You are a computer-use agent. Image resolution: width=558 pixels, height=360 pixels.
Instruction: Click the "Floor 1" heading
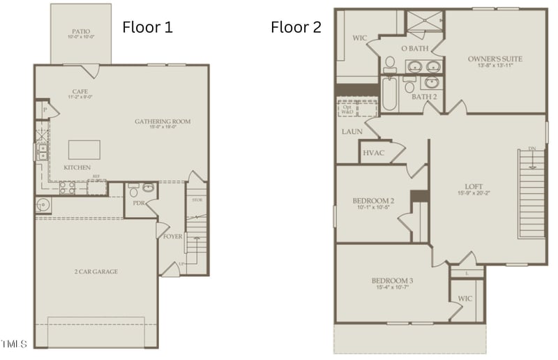click(x=147, y=28)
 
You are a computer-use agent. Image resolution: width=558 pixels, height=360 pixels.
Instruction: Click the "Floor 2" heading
click(x=296, y=28)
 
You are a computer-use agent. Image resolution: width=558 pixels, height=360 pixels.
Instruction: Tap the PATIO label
click(x=80, y=32)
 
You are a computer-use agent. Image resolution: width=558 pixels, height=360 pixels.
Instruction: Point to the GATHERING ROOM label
click(x=163, y=122)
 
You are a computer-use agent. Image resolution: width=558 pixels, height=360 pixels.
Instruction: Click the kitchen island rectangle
click(x=84, y=150)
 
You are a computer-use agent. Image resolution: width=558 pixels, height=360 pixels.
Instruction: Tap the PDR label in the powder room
click(x=138, y=203)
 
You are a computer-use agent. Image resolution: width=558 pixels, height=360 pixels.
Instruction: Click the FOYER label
click(x=172, y=237)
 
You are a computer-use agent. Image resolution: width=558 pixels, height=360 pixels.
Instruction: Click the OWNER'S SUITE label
click(x=495, y=59)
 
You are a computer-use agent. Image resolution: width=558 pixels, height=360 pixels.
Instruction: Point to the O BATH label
click(x=414, y=48)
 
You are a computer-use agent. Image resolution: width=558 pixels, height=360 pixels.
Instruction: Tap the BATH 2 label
click(x=424, y=96)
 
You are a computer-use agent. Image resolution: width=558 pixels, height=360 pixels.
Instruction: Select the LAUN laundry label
click(x=351, y=131)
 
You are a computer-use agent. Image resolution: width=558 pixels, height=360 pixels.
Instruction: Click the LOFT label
click(x=474, y=186)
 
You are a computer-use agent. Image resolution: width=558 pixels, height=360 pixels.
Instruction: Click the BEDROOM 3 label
click(x=392, y=281)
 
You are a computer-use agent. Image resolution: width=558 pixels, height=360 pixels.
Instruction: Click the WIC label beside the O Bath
click(x=360, y=38)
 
